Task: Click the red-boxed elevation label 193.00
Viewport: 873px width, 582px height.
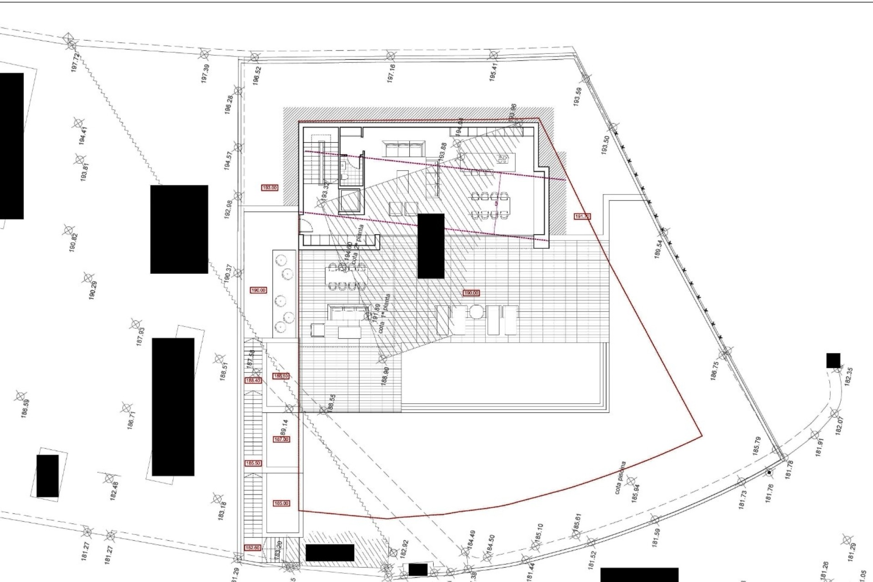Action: (x=270, y=187)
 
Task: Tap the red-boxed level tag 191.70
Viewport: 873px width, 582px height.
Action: (x=582, y=216)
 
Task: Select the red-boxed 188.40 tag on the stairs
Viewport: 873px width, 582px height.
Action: (x=253, y=380)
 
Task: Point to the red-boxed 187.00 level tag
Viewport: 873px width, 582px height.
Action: (x=281, y=439)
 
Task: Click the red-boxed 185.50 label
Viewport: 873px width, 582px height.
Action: (x=253, y=463)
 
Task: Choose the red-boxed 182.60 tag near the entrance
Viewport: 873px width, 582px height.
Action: (x=253, y=548)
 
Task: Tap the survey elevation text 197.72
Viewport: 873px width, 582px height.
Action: (x=75, y=62)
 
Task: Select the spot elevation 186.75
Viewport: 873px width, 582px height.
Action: (x=715, y=371)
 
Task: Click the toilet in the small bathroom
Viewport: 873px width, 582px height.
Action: (x=345, y=176)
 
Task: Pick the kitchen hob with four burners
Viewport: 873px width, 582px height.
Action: (x=502, y=159)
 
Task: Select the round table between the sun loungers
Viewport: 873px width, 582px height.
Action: (x=476, y=312)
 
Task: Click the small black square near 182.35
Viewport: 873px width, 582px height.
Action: (x=833, y=360)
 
